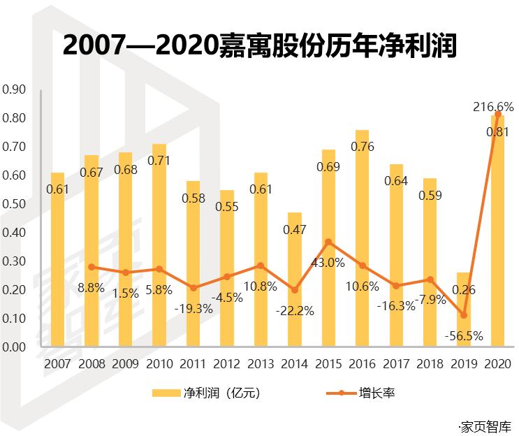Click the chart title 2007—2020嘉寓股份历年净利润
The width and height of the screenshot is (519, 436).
[x=259, y=45]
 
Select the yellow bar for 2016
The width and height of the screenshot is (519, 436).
[x=362, y=238]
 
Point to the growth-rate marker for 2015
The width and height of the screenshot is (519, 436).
[x=328, y=242]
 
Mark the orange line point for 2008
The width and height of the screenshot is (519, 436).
[x=92, y=267]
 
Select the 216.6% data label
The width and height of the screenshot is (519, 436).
[x=494, y=107]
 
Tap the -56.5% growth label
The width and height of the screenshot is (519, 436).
[x=464, y=336]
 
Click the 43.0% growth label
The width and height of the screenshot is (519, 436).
[x=328, y=263]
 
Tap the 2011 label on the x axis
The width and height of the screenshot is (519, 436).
[x=193, y=363]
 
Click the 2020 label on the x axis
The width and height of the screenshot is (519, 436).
[x=497, y=363]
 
